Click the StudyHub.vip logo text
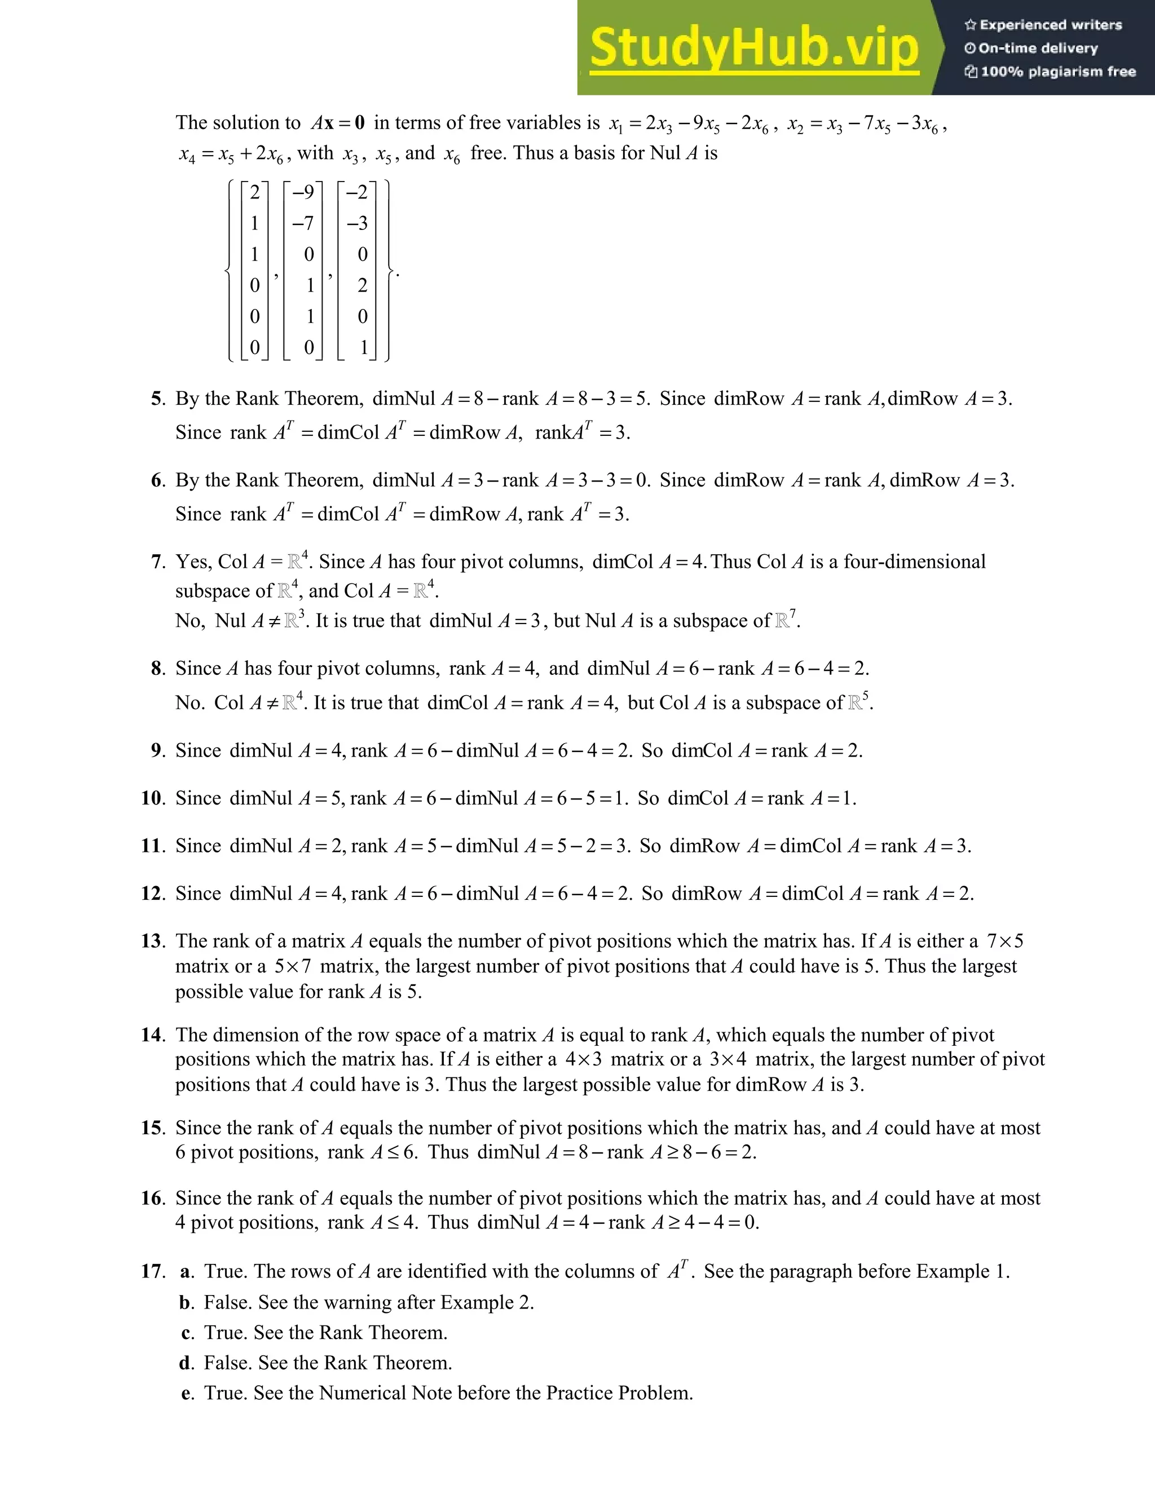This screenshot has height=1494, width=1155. pyautogui.click(x=754, y=48)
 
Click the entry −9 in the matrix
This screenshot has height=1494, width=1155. pyautogui.click(x=302, y=192)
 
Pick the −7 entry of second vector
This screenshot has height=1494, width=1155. pyautogui.click(x=302, y=223)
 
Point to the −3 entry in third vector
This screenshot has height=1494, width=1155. pyautogui.click(x=356, y=223)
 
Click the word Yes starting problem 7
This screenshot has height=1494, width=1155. pyautogui.click(x=191, y=562)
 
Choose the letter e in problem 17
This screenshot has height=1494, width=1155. pyautogui.click(x=186, y=1394)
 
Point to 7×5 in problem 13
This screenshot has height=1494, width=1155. pyautogui.click(x=1005, y=942)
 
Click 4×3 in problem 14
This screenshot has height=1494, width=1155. pyautogui.click(x=584, y=1060)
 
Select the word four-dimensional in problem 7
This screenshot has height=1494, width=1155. pyautogui.click(x=914, y=562)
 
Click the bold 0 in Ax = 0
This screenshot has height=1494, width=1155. pyautogui.click(x=360, y=123)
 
